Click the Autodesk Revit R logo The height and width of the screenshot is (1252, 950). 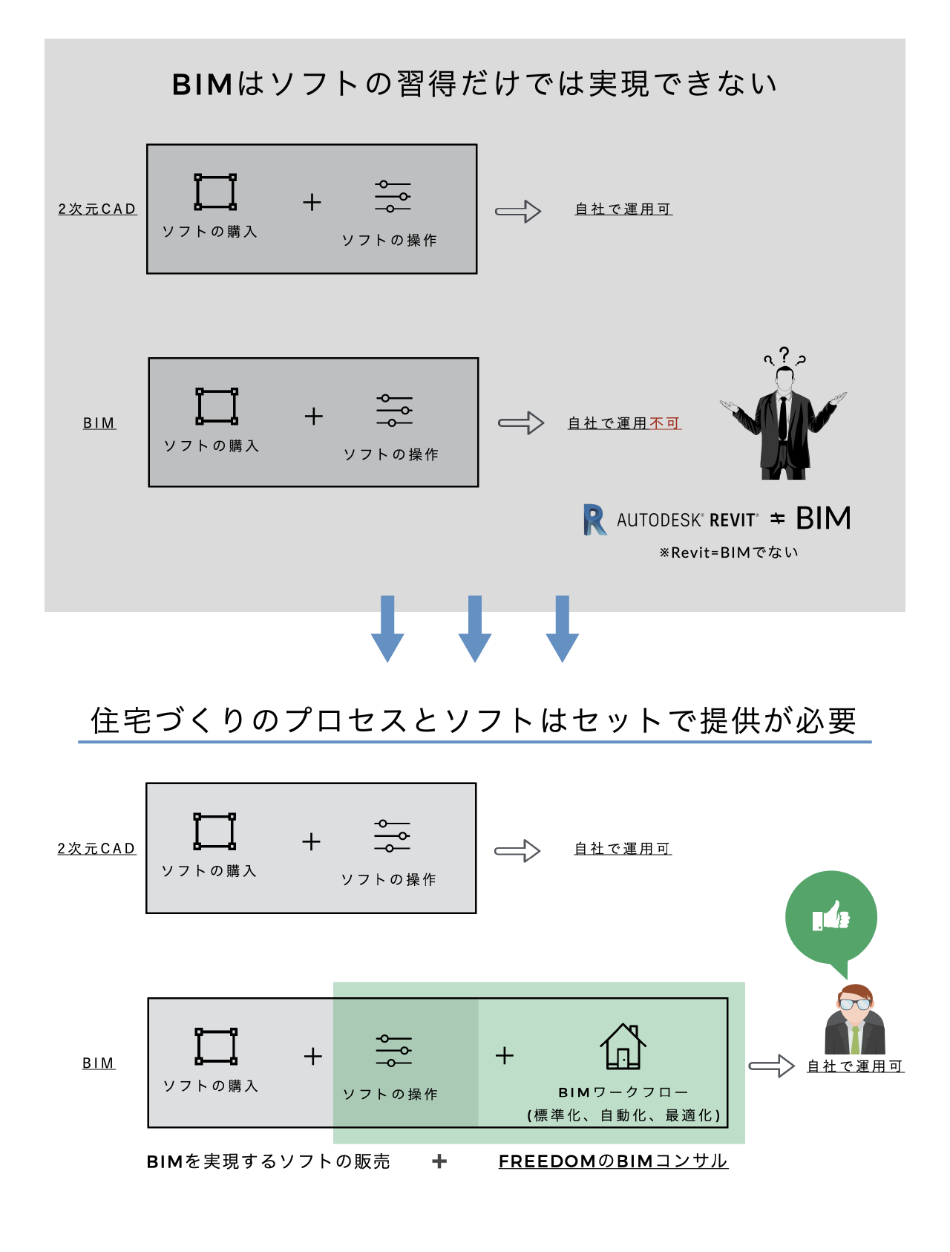pos(594,519)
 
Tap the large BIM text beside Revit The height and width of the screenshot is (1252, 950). pos(823,518)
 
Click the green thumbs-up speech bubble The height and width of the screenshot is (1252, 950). pos(831,918)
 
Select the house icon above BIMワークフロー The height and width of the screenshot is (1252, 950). pos(623,1046)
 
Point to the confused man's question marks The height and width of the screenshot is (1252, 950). pos(784,356)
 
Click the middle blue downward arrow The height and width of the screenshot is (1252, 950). pos(475,628)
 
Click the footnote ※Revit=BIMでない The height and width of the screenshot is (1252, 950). pos(729,552)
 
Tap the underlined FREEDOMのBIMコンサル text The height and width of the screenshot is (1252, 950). pos(613,1161)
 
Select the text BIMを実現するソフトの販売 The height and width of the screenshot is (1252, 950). pos(268,1161)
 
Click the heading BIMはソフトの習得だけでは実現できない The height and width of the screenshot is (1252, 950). pos(475,84)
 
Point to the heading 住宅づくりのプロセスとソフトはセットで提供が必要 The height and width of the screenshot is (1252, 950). pos(474,720)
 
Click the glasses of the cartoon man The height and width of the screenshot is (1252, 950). pos(855,1004)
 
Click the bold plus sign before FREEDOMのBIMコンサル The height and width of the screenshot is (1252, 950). pos(439,1161)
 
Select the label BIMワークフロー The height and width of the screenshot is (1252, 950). pos(623,1092)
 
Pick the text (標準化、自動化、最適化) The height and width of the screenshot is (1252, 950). pos(623,1115)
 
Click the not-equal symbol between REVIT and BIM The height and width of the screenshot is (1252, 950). pos(777,518)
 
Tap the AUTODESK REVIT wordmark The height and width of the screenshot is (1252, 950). pos(687,520)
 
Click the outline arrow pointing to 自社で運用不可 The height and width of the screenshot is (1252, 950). pos(521,423)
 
